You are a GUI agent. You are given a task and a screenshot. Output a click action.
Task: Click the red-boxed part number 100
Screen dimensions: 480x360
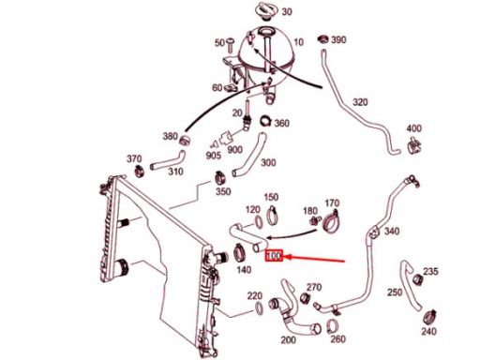coord(274,256)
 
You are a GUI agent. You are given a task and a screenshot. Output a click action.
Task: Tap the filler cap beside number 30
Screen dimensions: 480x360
coord(266,10)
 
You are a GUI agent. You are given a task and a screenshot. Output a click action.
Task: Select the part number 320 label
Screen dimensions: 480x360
coord(360,102)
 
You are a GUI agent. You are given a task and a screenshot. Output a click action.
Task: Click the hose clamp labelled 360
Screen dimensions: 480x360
coord(266,121)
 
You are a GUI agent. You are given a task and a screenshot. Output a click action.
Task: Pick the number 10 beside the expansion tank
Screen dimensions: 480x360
coord(299,42)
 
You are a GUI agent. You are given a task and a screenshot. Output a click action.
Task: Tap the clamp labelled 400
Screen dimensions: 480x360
coord(414,145)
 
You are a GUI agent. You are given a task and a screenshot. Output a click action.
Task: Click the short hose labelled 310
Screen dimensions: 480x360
coord(168,159)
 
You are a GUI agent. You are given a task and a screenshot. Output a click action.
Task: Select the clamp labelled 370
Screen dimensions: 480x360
coord(139,171)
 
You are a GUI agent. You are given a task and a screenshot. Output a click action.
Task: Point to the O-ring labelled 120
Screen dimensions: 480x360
coord(259,221)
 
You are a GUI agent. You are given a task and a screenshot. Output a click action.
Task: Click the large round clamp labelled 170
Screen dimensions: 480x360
coord(331,221)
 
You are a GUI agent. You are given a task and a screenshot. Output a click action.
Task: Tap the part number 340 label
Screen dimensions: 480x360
coord(392,232)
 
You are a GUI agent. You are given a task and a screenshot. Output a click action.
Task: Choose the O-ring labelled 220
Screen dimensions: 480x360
coord(259,307)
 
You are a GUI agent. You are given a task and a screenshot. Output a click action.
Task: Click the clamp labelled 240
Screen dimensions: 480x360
coord(429,318)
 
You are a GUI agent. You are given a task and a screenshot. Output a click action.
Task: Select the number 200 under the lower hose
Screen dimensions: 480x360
coord(288,339)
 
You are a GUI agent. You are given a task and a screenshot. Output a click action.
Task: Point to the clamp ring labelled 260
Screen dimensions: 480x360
coord(332,327)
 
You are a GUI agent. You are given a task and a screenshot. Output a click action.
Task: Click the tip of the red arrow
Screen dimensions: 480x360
coord(284,257)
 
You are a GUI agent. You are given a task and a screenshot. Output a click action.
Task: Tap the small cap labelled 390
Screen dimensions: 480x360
coord(323,39)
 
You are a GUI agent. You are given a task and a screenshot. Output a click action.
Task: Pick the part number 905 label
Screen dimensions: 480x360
coord(214,156)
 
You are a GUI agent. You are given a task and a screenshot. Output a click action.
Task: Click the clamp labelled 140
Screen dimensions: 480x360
coord(240,253)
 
